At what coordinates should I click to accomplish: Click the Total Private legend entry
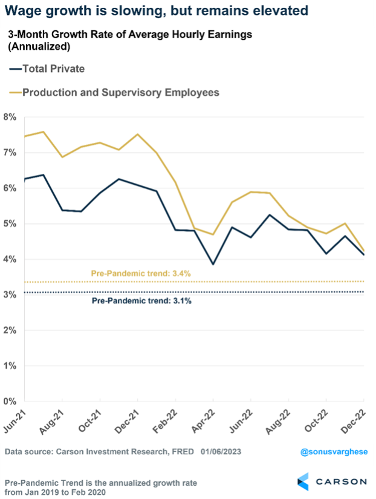[x=53, y=68]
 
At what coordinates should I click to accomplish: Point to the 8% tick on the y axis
[x=10, y=117]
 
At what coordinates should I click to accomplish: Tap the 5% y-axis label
[x=10, y=224]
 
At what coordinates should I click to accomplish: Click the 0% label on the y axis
[x=10, y=402]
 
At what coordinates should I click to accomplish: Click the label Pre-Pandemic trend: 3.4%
[x=141, y=273]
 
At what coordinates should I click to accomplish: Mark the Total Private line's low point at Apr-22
[x=213, y=264]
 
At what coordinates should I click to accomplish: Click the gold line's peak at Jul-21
[x=43, y=131]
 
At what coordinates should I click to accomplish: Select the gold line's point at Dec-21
[x=138, y=134]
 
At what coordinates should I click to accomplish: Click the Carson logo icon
[x=304, y=481]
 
